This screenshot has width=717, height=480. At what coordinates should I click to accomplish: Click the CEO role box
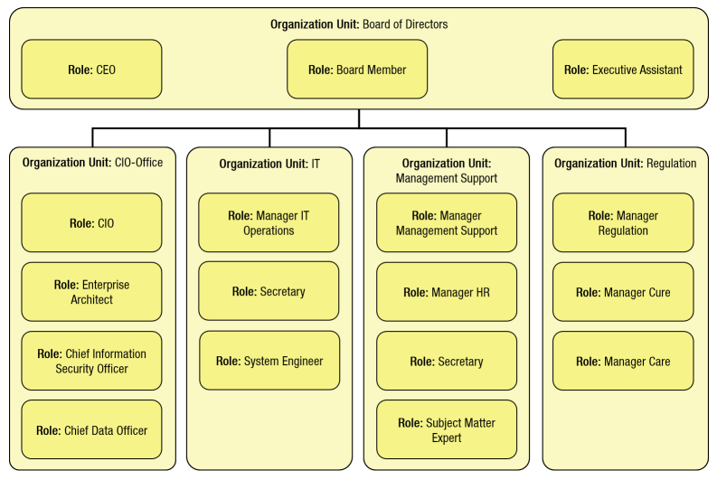pyautogui.click(x=91, y=70)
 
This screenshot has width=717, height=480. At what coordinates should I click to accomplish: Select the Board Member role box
pyautogui.click(x=357, y=70)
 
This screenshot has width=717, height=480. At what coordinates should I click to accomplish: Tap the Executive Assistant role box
pyautogui.click(x=623, y=70)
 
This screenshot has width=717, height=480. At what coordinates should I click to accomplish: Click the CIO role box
pyautogui.click(x=91, y=223)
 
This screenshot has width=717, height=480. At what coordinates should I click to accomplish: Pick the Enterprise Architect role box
pyautogui.click(x=91, y=292)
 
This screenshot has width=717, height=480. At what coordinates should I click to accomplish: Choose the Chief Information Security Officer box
pyautogui.click(x=91, y=361)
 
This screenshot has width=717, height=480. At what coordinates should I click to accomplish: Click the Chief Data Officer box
pyautogui.click(x=91, y=430)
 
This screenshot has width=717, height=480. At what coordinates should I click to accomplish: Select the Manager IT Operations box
pyautogui.click(x=269, y=223)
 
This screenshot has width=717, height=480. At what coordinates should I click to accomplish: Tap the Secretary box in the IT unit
pyautogui.click(x=269, y=292)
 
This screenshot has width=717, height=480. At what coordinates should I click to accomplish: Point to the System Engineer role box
pyautogui.click(x=269, y=361)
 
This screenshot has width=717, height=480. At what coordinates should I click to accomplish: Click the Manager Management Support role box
pyautogui.click(x=447, y=223)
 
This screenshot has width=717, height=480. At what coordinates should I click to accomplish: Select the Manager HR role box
pyautogui.click(x=447, y=292)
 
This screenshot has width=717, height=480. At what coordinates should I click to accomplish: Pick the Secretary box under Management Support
pyautogui.click(x=447, y=361)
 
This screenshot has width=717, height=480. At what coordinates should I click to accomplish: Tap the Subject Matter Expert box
pyautogui.click(x=447, y=430)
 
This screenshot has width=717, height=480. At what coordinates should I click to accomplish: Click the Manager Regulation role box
pyautogui.click(x=623, y=223)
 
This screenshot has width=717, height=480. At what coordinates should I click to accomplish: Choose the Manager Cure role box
pyautogui.click(x=623, y=292)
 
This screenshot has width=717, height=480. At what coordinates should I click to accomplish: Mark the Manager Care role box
pyautogui.click(x=623, y=361)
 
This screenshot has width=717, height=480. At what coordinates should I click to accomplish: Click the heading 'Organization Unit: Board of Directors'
pyautogui.click(x=359, y=24)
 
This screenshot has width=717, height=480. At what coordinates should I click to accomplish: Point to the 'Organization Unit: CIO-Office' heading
pyautogui.click(x=92, y=164)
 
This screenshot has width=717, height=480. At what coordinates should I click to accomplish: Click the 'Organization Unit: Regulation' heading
pyautogui.click(x=625, y=164)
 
